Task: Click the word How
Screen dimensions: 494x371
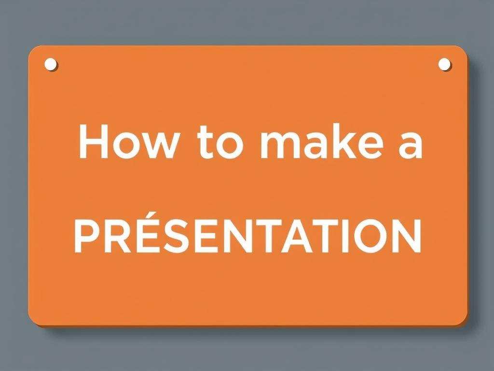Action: [x=128, y=141]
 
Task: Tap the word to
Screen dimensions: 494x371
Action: [x=221, y=143]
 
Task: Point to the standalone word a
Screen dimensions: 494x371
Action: [x=410, y=145]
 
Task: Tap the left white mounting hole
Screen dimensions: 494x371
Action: [x=50, y=64]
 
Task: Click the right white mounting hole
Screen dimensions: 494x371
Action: [x=444, y=64]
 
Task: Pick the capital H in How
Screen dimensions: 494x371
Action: [x=93, y=142]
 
